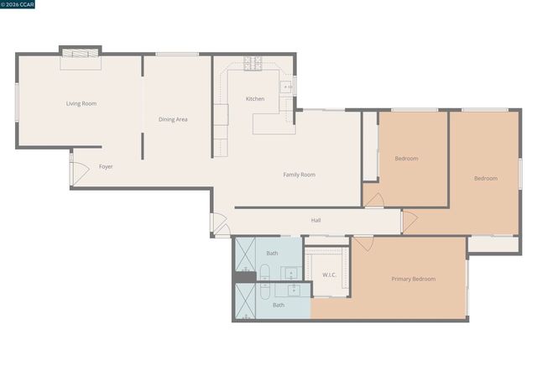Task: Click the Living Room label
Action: (81, 104)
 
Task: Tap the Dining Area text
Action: (173, 119)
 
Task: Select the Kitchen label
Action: (255, 99)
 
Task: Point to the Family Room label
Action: (299, 175)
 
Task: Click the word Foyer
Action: (106, 166)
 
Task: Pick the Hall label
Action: (316, 220)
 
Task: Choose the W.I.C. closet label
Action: (329, 275)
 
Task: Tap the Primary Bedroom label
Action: (413, 279)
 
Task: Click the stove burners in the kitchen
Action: (254, 63)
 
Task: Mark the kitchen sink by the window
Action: (286, 86)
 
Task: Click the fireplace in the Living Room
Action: (80, 54)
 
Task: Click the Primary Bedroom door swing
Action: (362, 244)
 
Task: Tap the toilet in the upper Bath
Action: (264, 272)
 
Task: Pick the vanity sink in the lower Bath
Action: (294, 290)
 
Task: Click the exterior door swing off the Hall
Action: (218, 225)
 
